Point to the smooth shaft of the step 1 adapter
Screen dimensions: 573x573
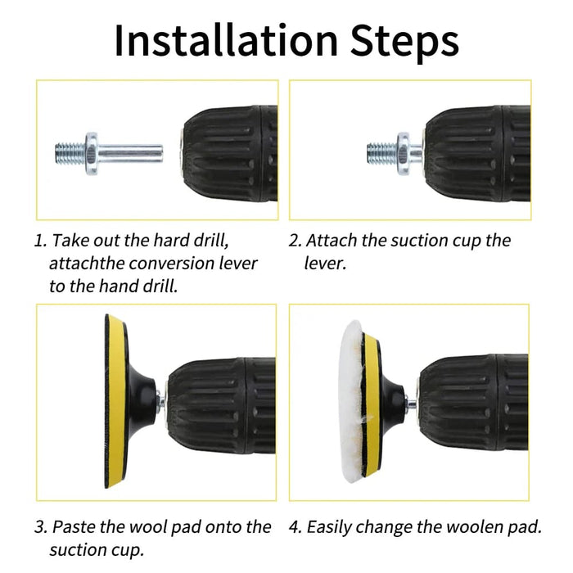pyautogui.click(x=131, y=151)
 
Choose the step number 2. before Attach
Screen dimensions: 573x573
pyautogui.click(x=296, y=241)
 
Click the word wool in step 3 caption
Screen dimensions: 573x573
pyautogui.click(x=156, y=527)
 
